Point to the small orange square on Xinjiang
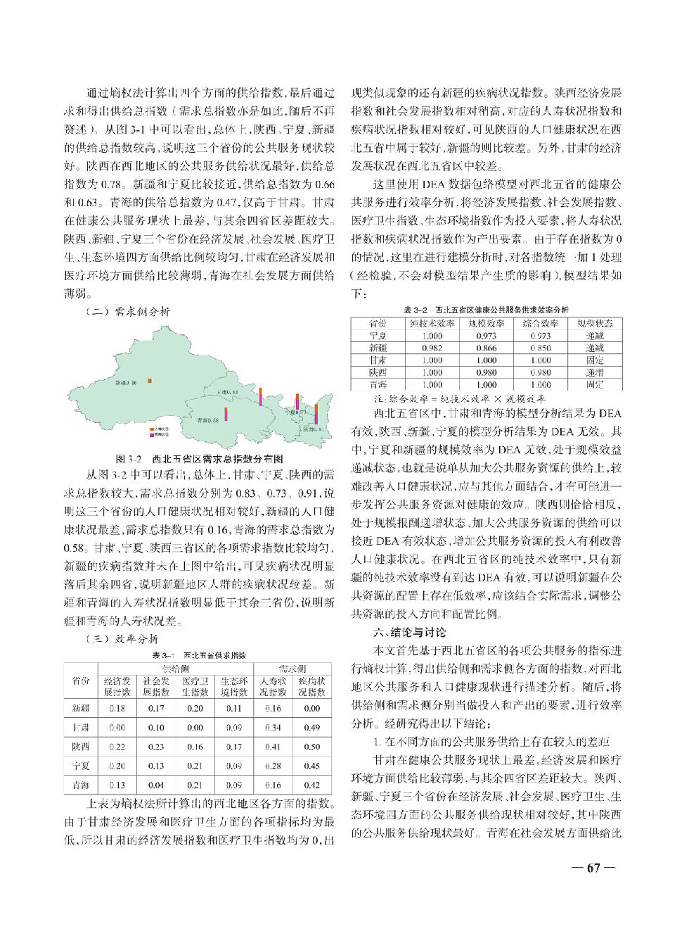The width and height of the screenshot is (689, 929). click(150, 381)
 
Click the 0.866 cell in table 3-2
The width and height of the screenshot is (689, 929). click(486, 348)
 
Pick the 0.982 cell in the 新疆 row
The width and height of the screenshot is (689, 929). click(432, 348)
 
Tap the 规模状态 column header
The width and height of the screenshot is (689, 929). click(595, 324)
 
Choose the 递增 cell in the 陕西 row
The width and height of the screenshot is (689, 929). click(595, 372)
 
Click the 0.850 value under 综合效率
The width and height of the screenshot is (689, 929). click(541, 348)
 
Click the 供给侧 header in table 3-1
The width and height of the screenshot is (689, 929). click(175, 669)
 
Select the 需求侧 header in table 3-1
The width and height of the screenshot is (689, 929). click(292, 669)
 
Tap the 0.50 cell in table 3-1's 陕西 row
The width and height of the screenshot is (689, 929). click(311, 747)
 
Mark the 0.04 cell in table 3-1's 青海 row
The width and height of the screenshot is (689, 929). click(156, 785)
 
